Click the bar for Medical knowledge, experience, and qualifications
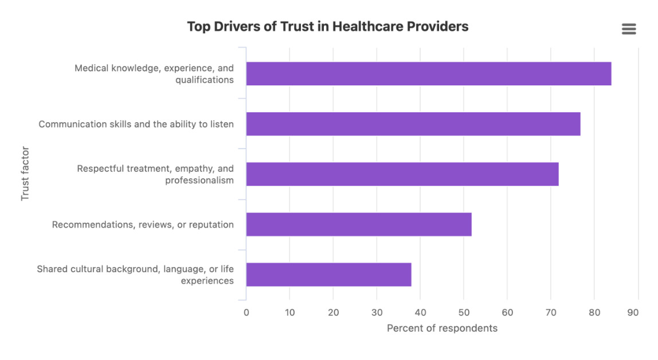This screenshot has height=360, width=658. tap(429, 74)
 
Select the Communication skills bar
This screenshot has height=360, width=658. tap(413, 124)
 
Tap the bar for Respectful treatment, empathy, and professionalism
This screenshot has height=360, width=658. tap(402, 174)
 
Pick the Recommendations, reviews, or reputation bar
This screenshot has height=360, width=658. tap(359, 225)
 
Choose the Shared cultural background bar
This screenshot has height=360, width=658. tap(328, 275)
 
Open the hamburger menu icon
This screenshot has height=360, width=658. tap(629, 29)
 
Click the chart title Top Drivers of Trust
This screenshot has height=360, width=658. tap(328, 26)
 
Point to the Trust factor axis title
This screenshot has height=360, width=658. tap(25, 173)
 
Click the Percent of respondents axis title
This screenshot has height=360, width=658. tap(442, 328)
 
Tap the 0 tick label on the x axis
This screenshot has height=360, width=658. tap(246, 312)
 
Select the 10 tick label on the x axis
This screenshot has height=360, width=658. tap(289, 312)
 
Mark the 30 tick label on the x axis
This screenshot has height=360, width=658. tap(377, 312)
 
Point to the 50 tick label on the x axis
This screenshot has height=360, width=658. tap(464, 312)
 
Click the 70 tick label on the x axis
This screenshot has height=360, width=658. tap(551, 312)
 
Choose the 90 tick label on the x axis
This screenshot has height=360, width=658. tap(633, 312)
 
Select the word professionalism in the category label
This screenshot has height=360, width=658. tap(199, 181)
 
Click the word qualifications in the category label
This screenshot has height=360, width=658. tap(205, 80)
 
